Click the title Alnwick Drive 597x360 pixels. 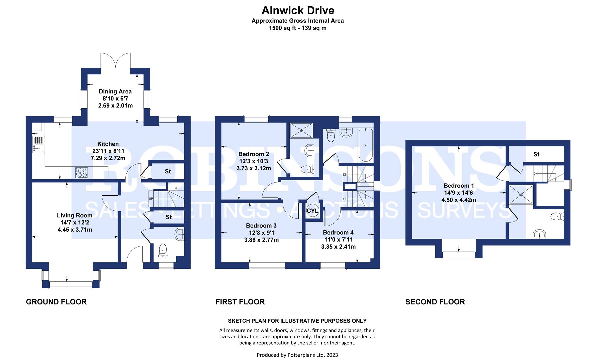pos(298,10)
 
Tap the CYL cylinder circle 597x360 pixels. pos(312,211)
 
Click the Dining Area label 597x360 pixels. pos(115,91)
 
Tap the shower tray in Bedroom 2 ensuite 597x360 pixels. pos(302,130)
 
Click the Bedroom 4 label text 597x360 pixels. pos(338,232)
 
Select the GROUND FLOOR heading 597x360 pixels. pos(56,302)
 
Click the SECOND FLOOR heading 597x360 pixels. pos(435,302)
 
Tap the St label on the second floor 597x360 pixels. pos(536,154)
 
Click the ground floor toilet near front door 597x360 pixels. pos(163,250)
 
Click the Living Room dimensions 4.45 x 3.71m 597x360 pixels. pos(75,230)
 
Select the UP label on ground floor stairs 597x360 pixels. pos(151,199)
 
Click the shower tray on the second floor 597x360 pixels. pos(521,194)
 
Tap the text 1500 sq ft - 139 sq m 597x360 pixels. pos(297,28)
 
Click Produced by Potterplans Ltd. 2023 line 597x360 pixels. pos(297,355)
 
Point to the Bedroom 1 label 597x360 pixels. pos(458,186)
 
